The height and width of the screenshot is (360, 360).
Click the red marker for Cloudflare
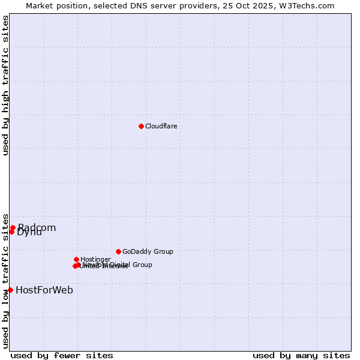pyautogui.click(x=141, y=126)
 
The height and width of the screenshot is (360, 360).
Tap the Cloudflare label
pyautogui.click(x=161, y=126)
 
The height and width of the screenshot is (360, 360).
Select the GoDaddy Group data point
pyautogui.click(x=118, y=251)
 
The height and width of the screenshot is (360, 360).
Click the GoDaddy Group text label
pyautogui.click(x=148, y=251)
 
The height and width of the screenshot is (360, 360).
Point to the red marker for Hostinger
pyautogui.click(x=76, y=259)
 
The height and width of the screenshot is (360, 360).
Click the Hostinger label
pyautogui.click(x=95, y=259)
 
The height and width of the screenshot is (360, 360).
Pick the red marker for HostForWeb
pyautogui.click(x=10, y=290)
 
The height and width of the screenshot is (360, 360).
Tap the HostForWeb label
pyautogui.click(x=44, y=290)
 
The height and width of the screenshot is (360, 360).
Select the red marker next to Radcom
pyautogui.click(x=13, y=227)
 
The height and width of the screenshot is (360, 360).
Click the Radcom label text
pyautogui.click(x=37, y=227)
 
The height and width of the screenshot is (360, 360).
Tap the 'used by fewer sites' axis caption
pyautogui.click(x=62, y=355)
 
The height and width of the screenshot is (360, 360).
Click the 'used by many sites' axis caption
pyautogui.click(x=301, y=355)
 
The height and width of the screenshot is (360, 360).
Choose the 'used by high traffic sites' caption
pyautogui.click(x=5, y=85)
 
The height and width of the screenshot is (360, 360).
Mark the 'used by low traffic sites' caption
pyautogui.click(x=5, y=280)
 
